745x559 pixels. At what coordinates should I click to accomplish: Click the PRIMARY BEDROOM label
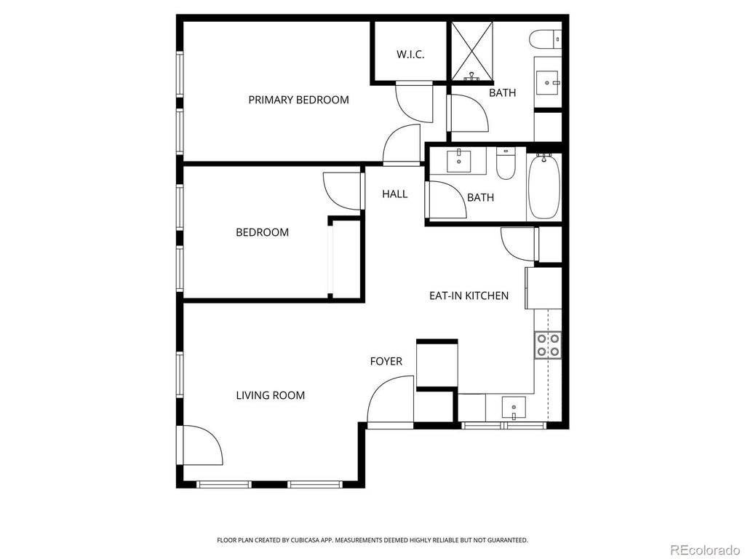298,100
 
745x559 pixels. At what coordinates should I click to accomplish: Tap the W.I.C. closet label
410,55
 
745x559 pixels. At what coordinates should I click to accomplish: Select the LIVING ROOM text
270,395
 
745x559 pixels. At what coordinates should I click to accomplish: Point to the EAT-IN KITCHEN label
469,296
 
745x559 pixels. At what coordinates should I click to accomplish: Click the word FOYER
386,361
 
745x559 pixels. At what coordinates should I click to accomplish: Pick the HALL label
395,194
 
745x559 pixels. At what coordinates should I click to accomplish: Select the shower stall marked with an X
473,51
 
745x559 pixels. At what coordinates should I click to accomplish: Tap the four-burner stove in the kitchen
548,345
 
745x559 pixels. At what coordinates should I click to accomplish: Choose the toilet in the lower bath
505,164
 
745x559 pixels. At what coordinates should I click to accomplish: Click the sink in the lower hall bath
460,159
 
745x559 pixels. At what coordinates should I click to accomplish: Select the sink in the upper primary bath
548,82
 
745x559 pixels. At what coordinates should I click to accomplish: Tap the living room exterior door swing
200,446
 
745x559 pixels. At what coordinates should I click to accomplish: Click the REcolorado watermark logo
705,549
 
